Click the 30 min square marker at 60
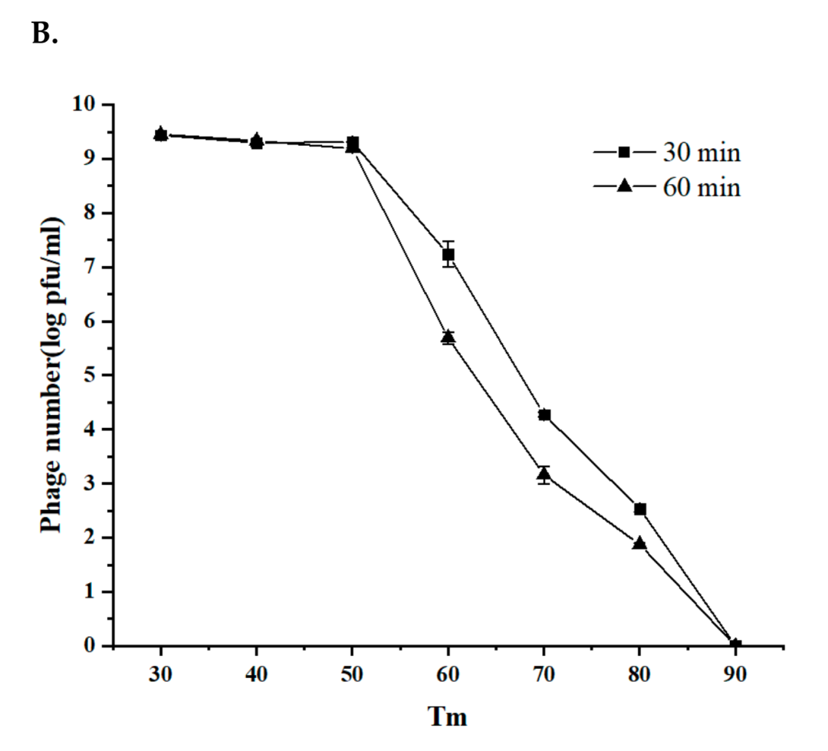click(449, 255)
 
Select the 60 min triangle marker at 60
click(449, 337)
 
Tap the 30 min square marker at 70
click(544, 415)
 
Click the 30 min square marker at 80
click(640, 509)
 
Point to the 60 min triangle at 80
click(640, 544)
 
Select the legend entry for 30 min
click(667, 153)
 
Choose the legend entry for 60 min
click(667, 186)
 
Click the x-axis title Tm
click(447, 716)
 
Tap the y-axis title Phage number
click(52, 375)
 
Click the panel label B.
click(44, 35)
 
